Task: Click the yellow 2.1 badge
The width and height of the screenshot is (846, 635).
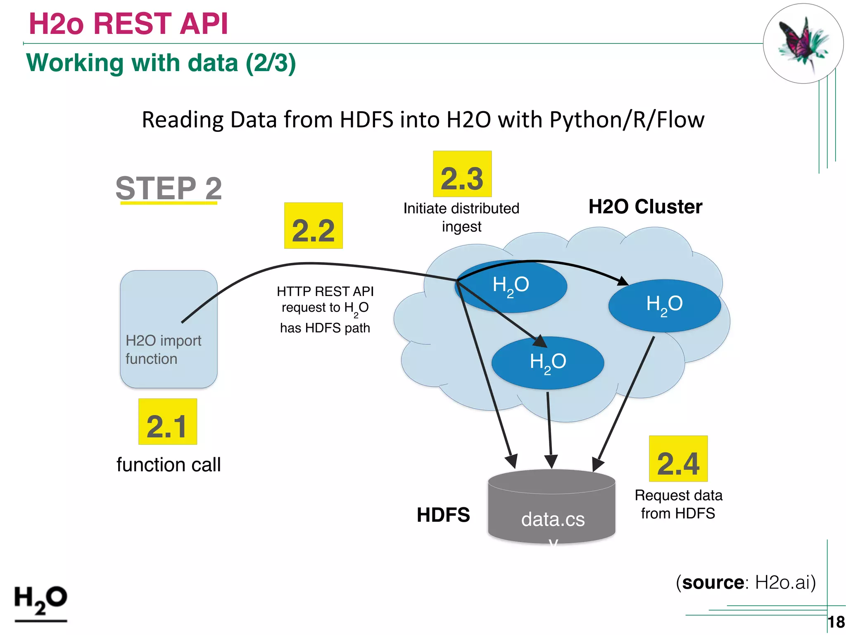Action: pyautogui.click(x=167, y=422)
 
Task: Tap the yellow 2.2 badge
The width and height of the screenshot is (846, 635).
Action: pyautogui.click(x=313, y=226)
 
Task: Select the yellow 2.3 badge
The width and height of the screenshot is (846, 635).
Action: pyautogui.click(x=462, y=174)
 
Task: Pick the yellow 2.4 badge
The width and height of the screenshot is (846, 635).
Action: pyautogui.click(x=678, y=459)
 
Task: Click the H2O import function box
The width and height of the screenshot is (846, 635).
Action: pyautogui.click(x=169, y=329)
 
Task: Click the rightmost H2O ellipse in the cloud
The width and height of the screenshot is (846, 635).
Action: pyautogui.click(x=664, y=306)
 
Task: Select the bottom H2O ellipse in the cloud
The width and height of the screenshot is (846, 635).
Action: pyautogui.click(x=548, y=363)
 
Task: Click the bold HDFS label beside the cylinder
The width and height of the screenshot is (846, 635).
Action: pyautogui.click(x=443, y=515)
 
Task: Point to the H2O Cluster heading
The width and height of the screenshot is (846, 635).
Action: pyautogui.click(x=645, y=207)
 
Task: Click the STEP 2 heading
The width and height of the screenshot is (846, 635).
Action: pyautogui.click(x=169, y=189)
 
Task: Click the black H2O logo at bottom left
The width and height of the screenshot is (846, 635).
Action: pyautogui.click(x=40, y=602)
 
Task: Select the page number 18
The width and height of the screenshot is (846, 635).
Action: pyautogui.click(x=836, y=622)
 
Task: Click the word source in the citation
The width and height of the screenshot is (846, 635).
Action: pyautogui.click(x=713, y=582)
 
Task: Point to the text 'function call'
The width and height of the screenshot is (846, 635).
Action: pyautogui.click(x=169, y=465)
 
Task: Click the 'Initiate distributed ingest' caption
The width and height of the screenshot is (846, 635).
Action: pyautogui.click(x=461, y=217)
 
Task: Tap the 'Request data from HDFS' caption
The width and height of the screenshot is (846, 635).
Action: pyautogui.click(x=678, y=504)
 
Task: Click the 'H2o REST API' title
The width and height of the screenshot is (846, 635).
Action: pyautogui.click(x=128, y=24)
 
